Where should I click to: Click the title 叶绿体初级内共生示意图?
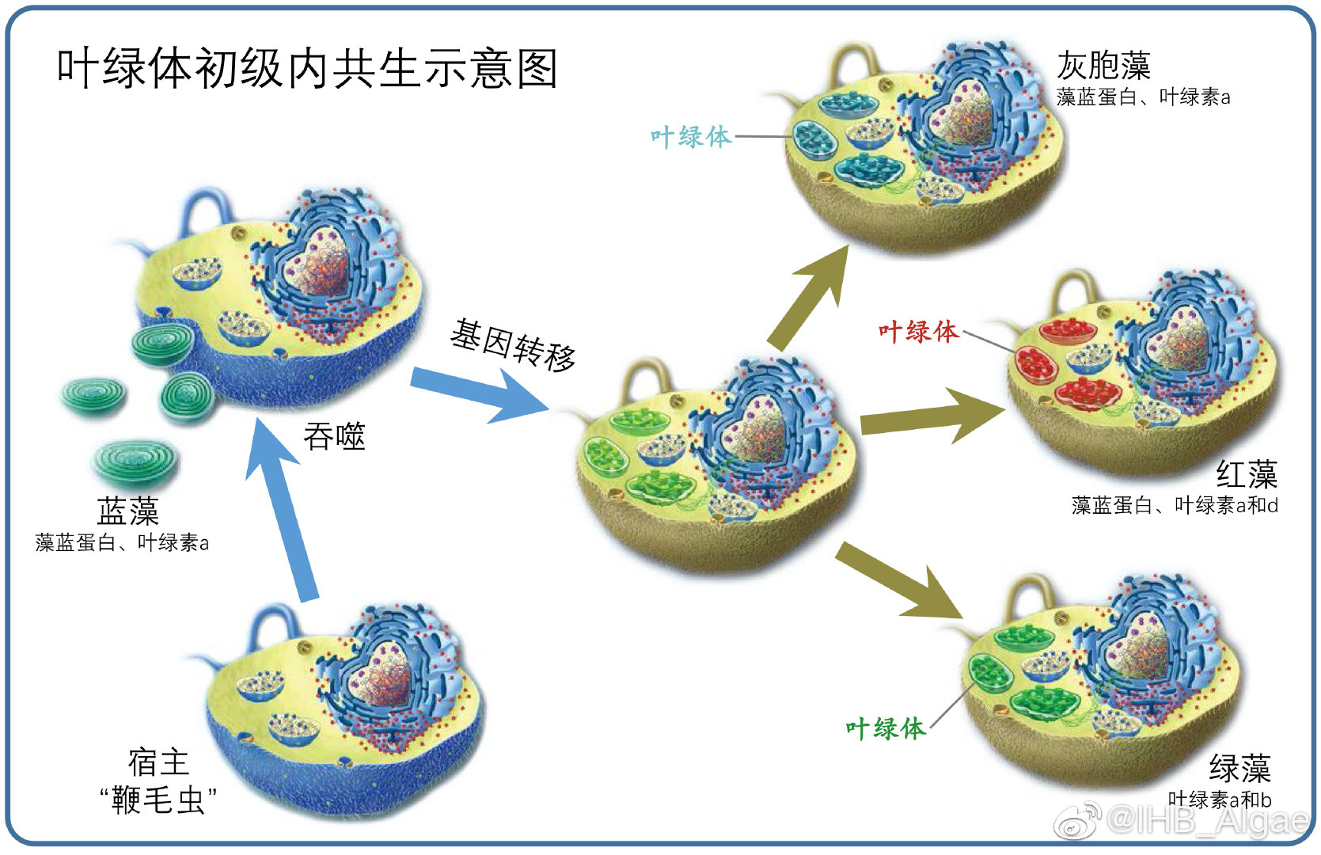click(x=307, y=68)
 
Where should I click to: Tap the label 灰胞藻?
click(x=1103, y=66)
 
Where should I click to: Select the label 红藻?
click(x=1246, y=475)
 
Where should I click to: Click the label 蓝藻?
click(x=127, y=511)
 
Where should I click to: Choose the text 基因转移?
click(x=513, y=346)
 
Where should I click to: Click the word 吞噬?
click(x=334, y=437)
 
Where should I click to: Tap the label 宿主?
click(x=158, y=762)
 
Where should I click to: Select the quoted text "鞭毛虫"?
click(x=158, y=800)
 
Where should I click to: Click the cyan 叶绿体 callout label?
click(x=690, y=137)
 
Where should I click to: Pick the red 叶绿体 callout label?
click(x=918, y=332)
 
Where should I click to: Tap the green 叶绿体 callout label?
click(x=885, y=728)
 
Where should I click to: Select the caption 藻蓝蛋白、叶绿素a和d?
click(x=1174, y=505)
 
